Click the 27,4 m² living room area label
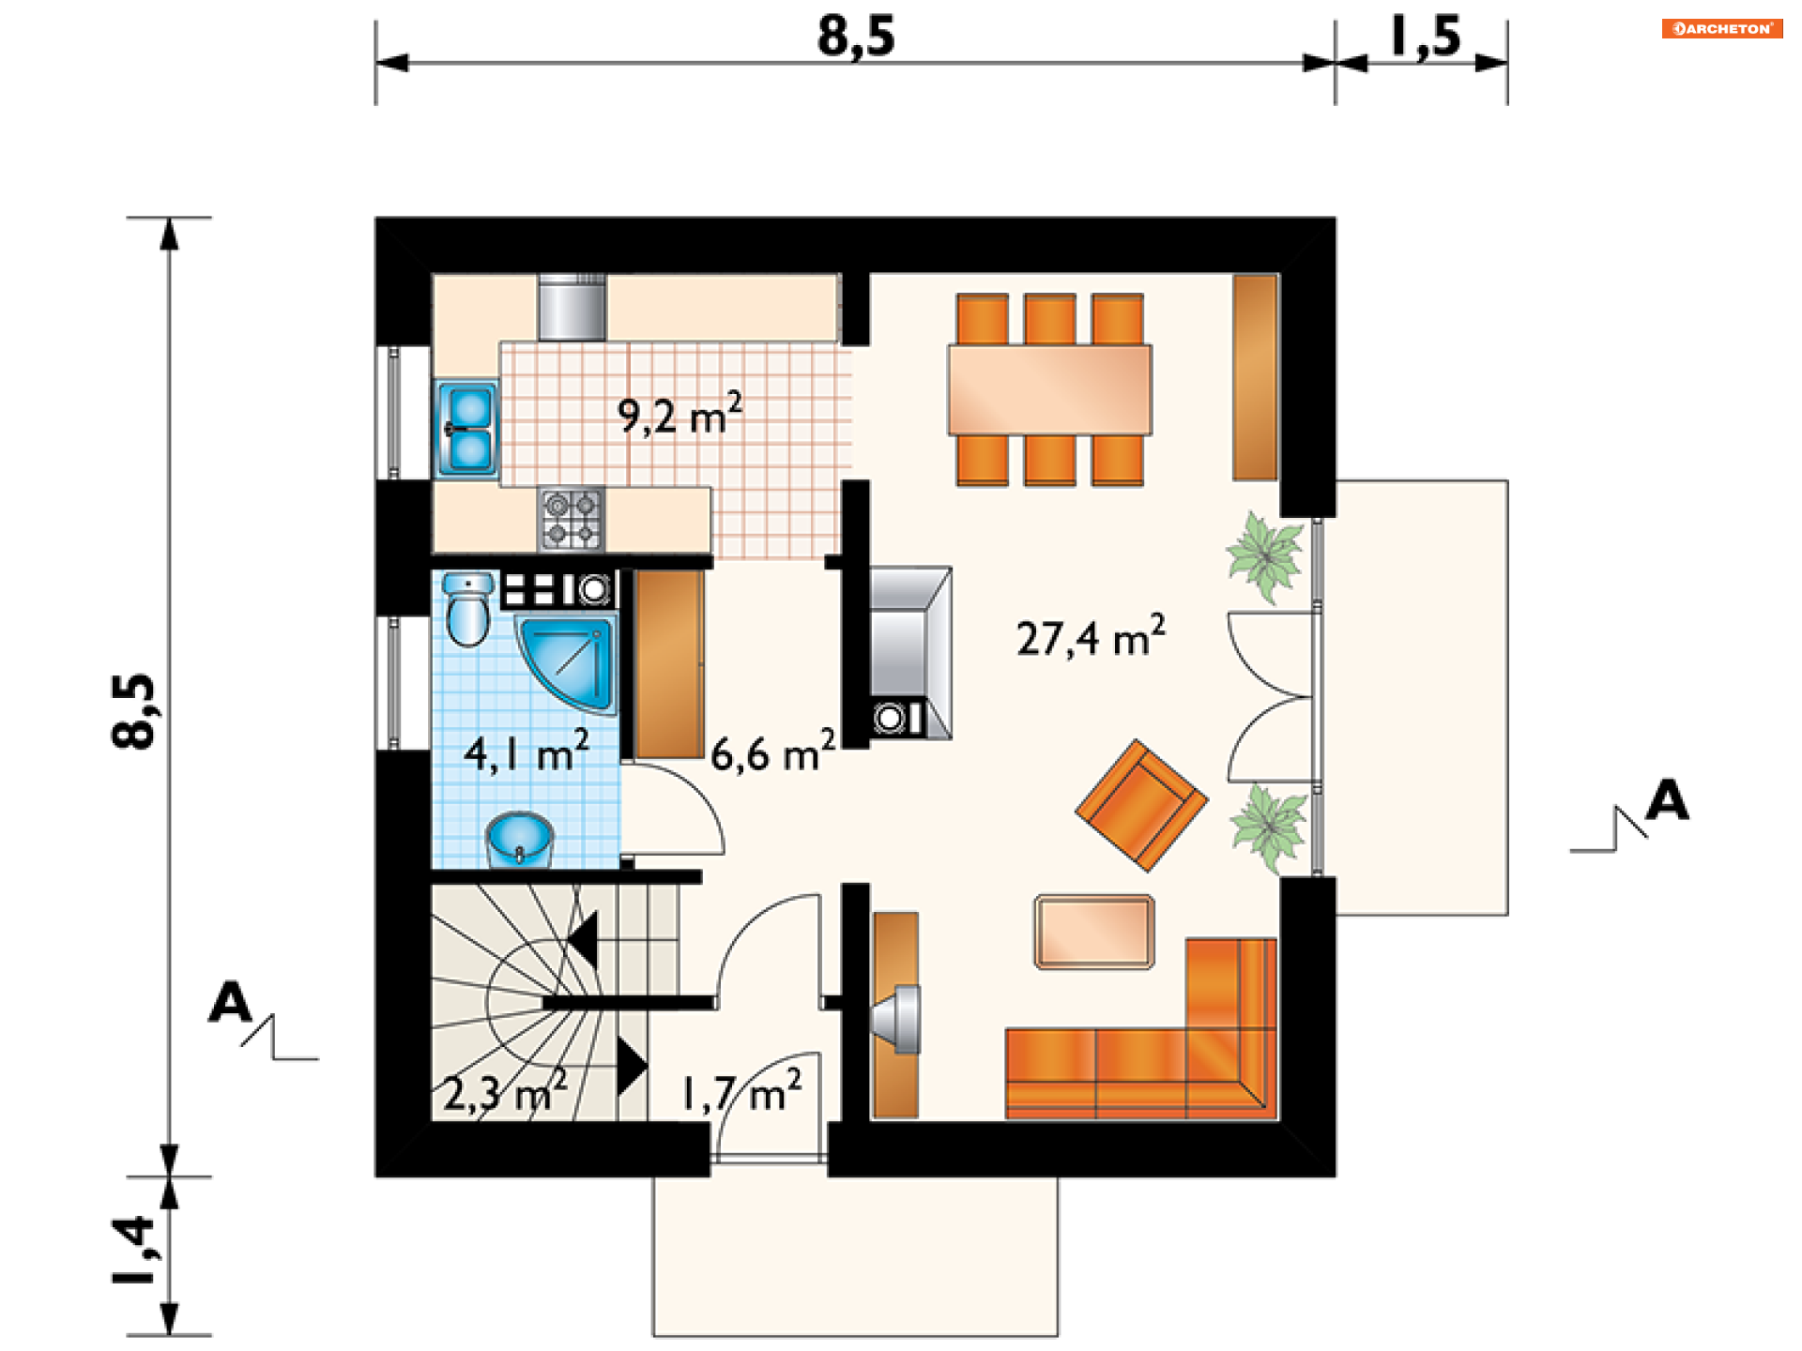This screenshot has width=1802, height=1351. click(x=1092, y=636)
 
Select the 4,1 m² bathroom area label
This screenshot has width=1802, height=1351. click(x=527, y=751)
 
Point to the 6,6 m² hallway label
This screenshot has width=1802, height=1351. click(x=772, y=751)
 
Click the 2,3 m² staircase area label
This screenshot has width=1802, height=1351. click(x=505, y=1091)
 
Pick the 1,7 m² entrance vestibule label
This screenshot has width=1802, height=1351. click(x=741, y=1091)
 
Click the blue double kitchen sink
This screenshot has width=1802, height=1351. click(x=467, y=430)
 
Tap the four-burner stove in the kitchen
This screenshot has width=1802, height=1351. click(x=572, y=519)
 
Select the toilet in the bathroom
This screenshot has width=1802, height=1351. click(x=467, y=610)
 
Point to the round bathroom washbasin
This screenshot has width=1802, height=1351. click(x=519, y=839)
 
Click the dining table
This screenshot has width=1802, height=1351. click(x=1049, y=389)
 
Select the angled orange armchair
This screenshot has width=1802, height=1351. click(x=1141, y=805)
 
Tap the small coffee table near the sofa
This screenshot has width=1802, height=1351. click(x=1094, y=932)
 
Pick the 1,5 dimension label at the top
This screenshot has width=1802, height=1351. click(x=1425, y=37)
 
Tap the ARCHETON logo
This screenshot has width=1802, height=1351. click(x=1722, y=28)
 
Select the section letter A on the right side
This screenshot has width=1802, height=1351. click(x=1667, y=800)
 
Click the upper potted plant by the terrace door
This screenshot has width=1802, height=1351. click(x=1265, y=556)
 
